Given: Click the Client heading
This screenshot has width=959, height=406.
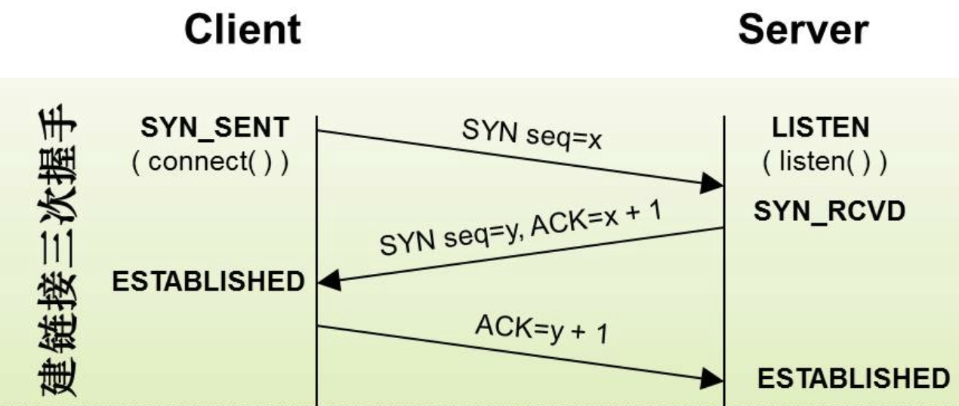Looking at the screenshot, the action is tap(242, 29).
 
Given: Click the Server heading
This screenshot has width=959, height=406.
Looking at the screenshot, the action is tap(803, 29).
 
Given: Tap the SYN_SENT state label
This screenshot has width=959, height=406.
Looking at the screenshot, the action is tap(215, 128).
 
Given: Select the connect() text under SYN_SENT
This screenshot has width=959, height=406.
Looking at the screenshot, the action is tap(211, 161).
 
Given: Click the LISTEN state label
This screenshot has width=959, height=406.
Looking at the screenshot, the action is tap(820, 127).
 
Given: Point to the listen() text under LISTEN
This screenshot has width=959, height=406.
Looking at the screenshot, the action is tap(825, 161).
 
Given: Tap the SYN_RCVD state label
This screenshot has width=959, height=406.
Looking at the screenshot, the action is tap(829, 211).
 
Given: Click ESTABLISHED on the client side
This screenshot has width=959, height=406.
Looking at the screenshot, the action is tap(208, 281).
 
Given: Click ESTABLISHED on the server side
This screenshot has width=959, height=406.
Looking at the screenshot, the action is tap(854, 378).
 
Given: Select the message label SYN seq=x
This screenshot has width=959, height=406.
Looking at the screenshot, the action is tap(532, 134).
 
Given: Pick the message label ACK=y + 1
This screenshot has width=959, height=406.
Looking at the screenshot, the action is tap(541, 329).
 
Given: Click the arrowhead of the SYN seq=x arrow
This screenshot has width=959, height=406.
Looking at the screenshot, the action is tap(712, 183).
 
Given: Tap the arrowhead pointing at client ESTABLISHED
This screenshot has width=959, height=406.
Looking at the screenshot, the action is tap(329, 281).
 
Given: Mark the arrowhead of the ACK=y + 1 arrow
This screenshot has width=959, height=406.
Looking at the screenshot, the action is tap(712, 378).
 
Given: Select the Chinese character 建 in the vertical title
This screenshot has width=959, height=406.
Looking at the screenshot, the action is tap(57, 376).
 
